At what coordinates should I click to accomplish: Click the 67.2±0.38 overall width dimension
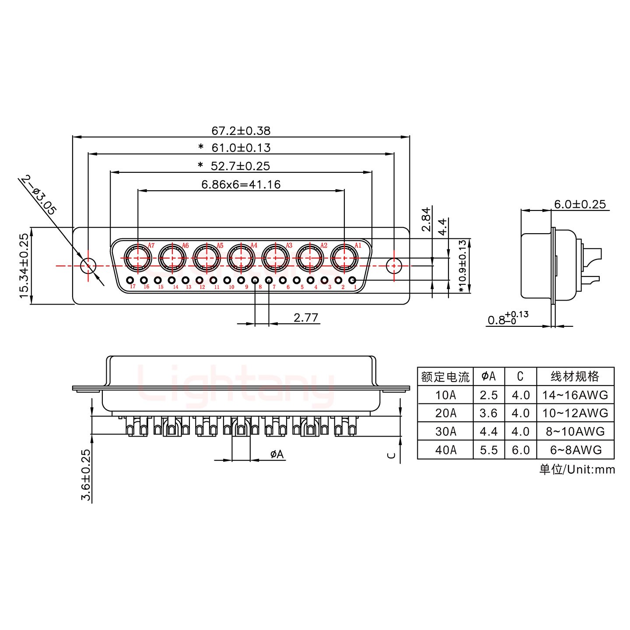pyautogui.click(x=241, y=130)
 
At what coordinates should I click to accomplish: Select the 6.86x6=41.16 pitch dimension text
pyautogui.click(x=241, y=184)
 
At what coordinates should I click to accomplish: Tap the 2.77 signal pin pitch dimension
pyautogui.click(x=305, y=317)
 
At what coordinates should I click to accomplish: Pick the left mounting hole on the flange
pyautogui.click(x=88, y=265)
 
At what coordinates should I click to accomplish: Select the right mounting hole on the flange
pyautogui.click(x=394, y=265)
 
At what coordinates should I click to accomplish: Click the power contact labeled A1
pyautogui.click(x=344, y=258)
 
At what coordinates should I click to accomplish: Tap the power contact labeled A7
pyautogui.click(x=137, y=258)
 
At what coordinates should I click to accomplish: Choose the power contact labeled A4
pyautogui.click(x=241, y=258)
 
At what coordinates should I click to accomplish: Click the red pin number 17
pyautogui.click(x=133, y=287)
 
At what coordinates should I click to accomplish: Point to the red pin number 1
pyautogui.click(x=355, y=287)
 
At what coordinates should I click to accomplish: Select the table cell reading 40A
pyautogui.click(x=445, y=450)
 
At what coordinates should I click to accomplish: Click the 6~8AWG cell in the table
pyautogui.click(x=575, y=450)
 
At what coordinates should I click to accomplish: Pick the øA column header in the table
pyautogui.click(x=489, y=376)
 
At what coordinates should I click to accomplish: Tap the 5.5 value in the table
pyautogui.click(x=489, y=450)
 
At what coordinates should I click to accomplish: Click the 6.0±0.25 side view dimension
pyautogui.click(x=580, y=204)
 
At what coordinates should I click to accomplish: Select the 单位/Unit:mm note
pyautogui.click(x=577, y=469)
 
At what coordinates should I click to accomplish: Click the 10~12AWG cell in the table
pyautogui.click(x=575, y=413)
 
